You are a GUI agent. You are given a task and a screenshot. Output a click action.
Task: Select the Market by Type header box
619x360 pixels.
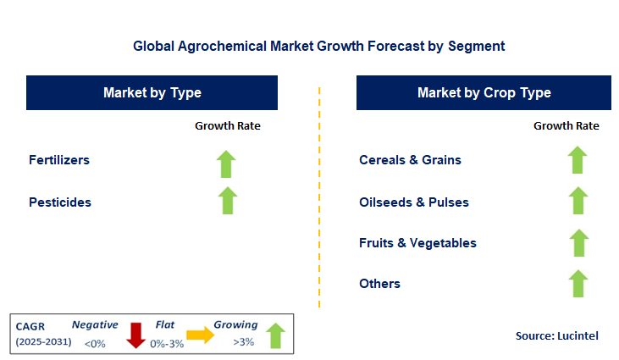[x=152, y=92]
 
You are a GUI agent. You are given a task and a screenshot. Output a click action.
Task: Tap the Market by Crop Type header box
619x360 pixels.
[x=484, y=92]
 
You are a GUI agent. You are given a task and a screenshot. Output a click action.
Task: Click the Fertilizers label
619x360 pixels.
[x=59, y=159]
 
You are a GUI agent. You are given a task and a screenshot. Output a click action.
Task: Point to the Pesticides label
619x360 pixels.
[x=60, y=202]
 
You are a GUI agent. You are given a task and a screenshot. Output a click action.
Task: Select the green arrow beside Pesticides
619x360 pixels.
[x=227, y=201]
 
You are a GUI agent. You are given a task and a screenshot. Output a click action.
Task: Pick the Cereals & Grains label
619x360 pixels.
[x=410, y=159]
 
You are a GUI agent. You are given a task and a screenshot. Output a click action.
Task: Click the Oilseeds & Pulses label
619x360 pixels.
[x=414, y=202]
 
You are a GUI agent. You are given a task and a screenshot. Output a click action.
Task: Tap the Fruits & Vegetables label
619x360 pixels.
[x=417, y=243]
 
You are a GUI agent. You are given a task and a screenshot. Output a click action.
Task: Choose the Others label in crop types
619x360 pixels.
[x=379, y=284]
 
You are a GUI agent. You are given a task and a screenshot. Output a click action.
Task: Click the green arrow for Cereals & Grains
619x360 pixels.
[x=578, y=159]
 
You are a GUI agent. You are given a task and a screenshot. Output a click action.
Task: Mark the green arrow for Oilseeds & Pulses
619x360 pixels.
[x=578, y=201]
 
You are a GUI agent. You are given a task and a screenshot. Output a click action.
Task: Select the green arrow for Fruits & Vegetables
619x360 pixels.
[x=578, y=242]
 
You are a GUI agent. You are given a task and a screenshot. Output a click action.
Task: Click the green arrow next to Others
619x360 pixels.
[x=578, y=283]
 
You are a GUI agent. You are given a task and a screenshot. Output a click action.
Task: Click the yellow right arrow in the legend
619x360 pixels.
[x=201, y=335]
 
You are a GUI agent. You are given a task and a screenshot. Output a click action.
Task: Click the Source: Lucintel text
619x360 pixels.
[x=556, y=336]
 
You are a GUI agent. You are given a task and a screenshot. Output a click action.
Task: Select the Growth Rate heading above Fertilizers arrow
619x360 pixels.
[x=228, y=125]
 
